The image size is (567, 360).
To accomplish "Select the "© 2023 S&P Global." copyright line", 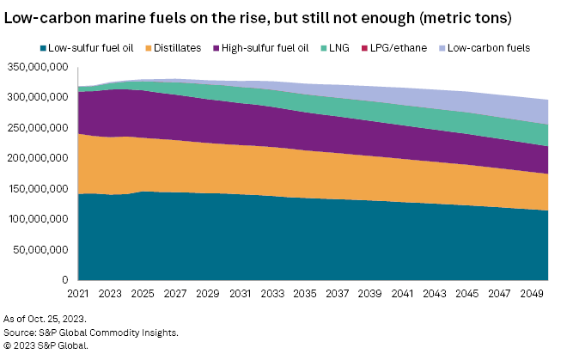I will click(46, 345).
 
